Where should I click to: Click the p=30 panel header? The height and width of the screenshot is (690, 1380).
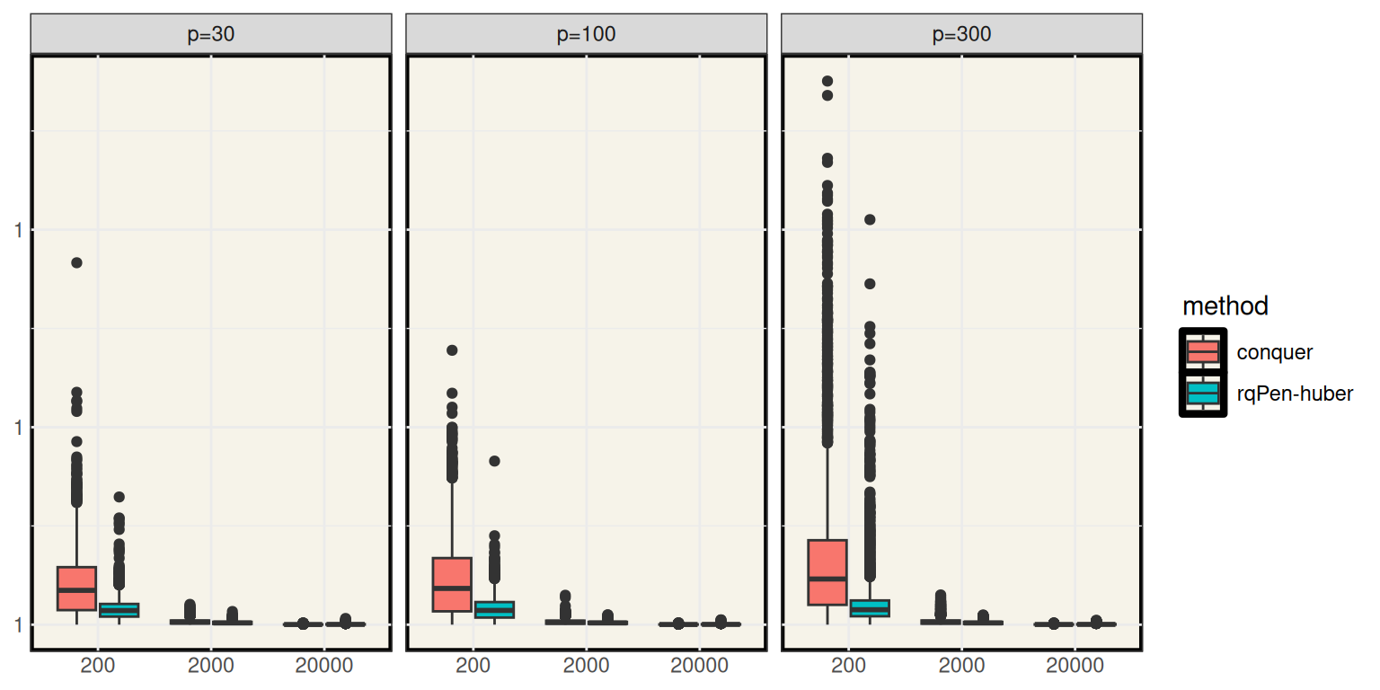click(x=211, y=35)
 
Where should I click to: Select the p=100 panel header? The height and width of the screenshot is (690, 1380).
click(x=586, y=35)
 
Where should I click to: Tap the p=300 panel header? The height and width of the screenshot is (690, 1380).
click(x=961, y=35)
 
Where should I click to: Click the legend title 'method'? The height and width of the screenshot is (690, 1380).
click(x=1225, y=306)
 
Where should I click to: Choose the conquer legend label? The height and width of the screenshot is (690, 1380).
click(x=1274, y=352)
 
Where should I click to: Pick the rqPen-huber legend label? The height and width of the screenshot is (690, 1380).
click(x=1294, y=394)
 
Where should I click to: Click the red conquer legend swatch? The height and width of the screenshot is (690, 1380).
click(x=1202, y=352)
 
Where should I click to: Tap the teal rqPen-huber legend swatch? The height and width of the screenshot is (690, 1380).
click(x=1202, y=394)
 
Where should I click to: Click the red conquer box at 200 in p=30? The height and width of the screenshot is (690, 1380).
click(x=77, y=588)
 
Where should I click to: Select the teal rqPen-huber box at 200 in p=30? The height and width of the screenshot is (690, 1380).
click(x=119, y=610)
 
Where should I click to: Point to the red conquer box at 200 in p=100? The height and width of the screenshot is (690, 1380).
click(x=452, y=584)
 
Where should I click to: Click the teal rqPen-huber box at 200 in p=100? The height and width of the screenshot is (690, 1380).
click(x=494, y=609)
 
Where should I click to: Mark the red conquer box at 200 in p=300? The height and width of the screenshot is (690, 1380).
click(x=827, y=572)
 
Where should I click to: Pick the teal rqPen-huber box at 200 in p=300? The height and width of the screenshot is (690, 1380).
click(x=869, y=608)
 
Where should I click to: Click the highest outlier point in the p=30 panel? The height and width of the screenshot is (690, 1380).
click(x=77, y=262)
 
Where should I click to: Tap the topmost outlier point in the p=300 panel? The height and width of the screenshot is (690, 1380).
click(x=827, y=82)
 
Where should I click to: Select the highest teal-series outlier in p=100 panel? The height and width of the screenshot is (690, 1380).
click(x=494, y=461)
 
